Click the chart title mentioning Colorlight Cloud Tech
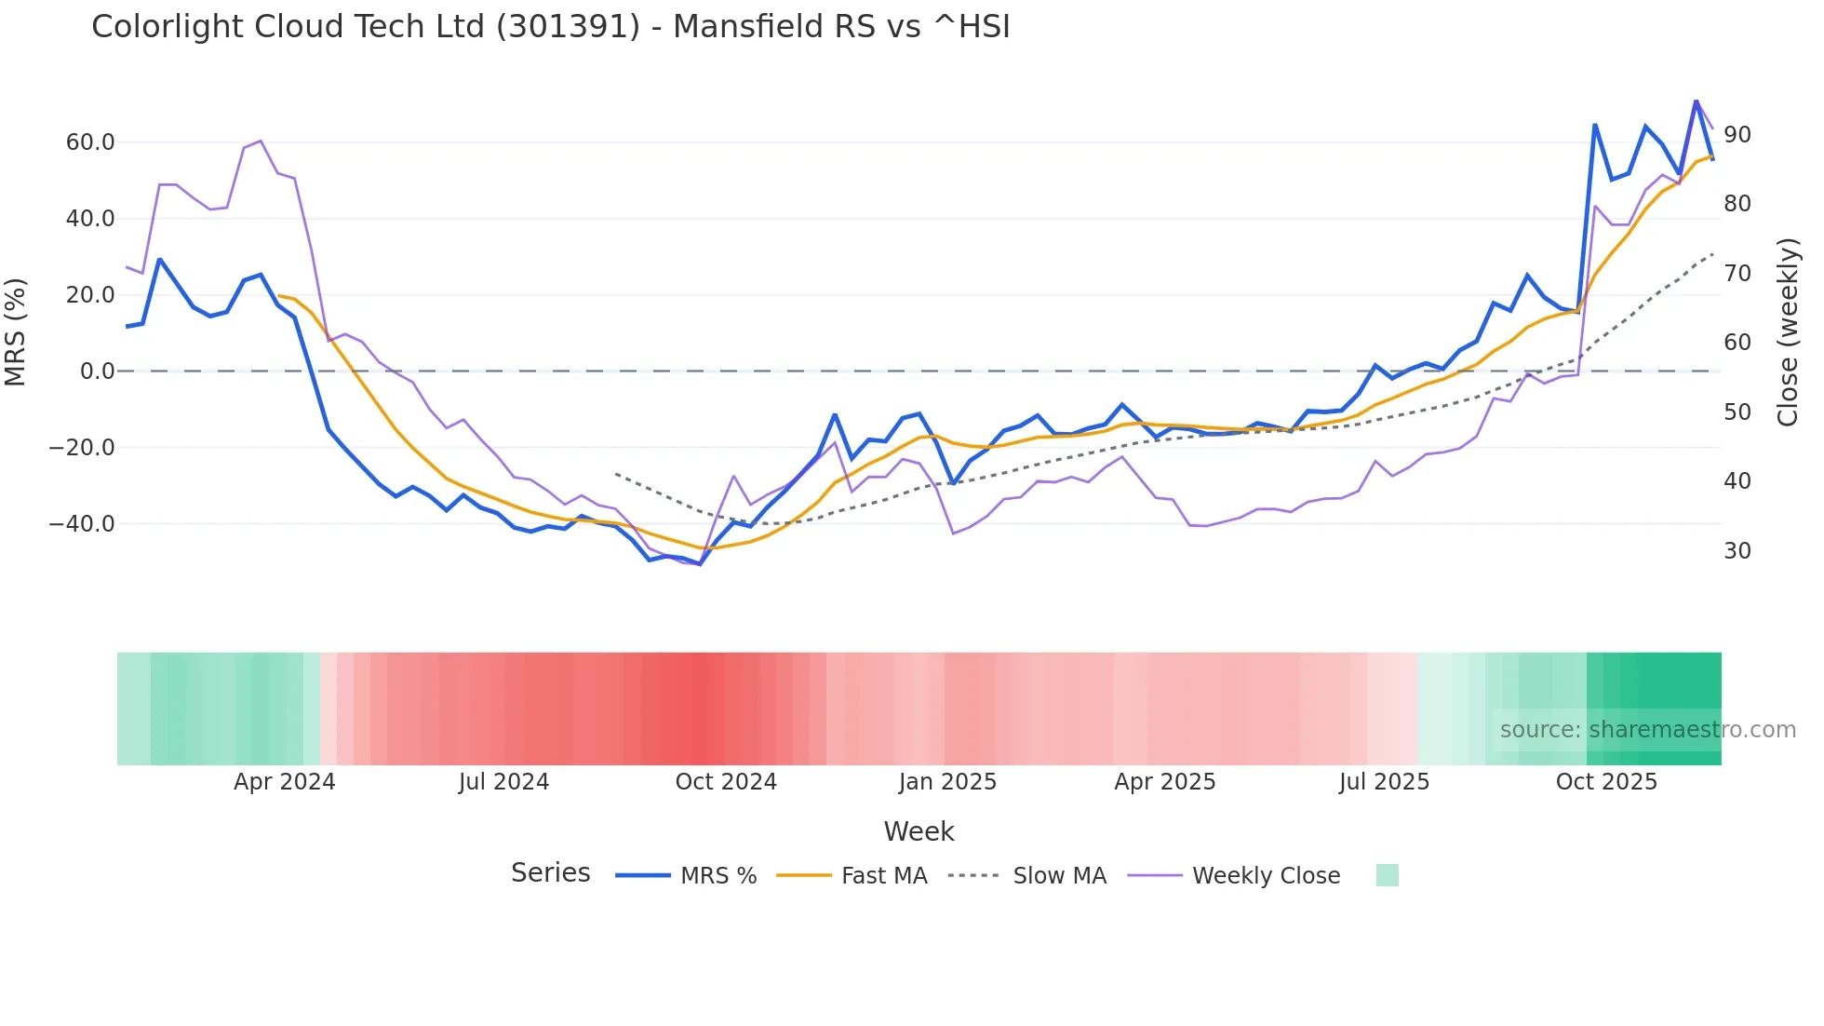[x=550, y=27]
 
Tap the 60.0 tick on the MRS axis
[x=90, y=142]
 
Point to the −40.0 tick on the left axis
[x=83, y=524]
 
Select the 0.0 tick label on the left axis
[x=97, y=371]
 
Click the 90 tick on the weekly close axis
[x=1737, y=135]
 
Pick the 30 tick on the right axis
[x=1737, y=551]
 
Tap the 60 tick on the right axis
[x=1737, y=343]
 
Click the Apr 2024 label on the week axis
[x=284, y=782]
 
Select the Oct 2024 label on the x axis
[x=726, y=782]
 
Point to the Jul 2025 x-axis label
[x=1384, y=782]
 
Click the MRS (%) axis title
[x=16, y=331]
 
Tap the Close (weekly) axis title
[x=1788, y=332]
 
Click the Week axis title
[x=919, y=831]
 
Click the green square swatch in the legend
[x=1387, y=875]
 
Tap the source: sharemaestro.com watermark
[x=1647, y=730]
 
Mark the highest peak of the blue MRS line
[x=1696, y=101]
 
